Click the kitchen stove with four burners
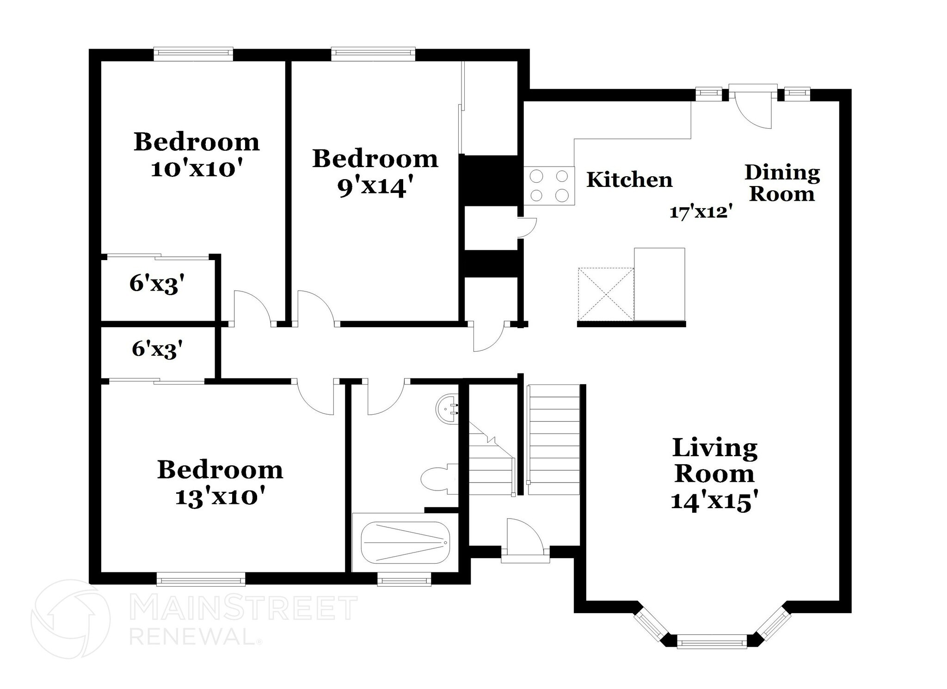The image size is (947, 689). pos(549,186)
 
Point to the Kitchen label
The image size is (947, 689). pos(629,180)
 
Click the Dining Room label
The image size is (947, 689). pos(782,183)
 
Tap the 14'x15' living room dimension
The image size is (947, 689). pos(714,501)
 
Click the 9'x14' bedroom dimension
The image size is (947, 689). pos(375,187)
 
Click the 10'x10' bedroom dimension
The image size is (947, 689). pos(197,169)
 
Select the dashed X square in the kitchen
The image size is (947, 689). pos(606,294)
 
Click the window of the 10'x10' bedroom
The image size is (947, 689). pos(193,54)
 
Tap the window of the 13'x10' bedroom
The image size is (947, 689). pos(201,579)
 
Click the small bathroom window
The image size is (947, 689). pos(404,580)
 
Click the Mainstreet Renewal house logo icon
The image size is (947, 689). pos(71,619)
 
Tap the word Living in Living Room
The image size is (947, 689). pos(715,448)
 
